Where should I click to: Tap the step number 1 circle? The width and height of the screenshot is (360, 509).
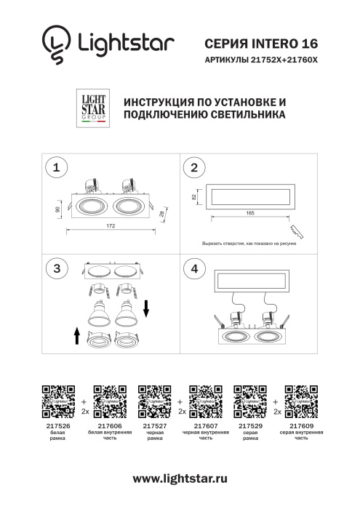click(56, 169)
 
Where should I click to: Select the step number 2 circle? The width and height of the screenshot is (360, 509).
click(193, 169)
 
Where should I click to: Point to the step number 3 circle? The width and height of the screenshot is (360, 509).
click(56, 268)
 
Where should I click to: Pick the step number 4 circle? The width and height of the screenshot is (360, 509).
click(193, 268)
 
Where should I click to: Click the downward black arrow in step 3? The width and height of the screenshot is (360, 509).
click(145, 309)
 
